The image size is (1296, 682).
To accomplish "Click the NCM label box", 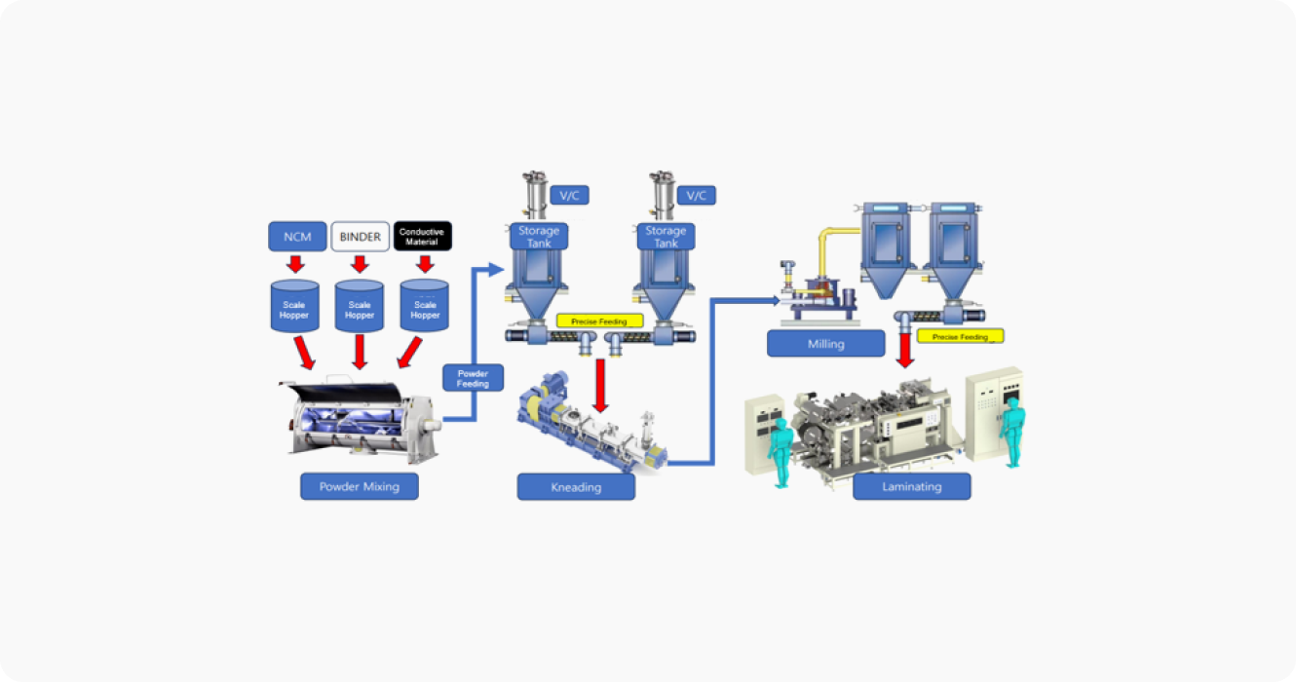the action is click(297, 237).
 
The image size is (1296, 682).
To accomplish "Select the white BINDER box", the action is click(360, 237).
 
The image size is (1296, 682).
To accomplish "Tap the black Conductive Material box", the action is click(422, 236).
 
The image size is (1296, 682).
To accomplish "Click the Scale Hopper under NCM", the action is click(294, 306).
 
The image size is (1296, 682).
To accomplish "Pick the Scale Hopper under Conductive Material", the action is click(425, 306).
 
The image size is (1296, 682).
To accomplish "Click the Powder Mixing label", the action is click(360, 486).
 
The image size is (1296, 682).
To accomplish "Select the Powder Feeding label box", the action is click(473, 378).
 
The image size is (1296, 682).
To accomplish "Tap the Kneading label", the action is click(576, 487).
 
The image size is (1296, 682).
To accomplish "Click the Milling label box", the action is click(825, 344).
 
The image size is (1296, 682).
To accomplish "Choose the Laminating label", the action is click(912, 486).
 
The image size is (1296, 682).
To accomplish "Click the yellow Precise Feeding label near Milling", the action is click(960, 336).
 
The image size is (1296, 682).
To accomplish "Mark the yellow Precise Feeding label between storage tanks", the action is click(599, 322).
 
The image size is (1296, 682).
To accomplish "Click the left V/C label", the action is click(569, 195).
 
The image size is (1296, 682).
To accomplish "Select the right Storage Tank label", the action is click(666, 237).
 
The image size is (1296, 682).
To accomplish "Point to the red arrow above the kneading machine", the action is click(600, 386).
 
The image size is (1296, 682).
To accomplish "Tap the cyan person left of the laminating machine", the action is click(780, 452).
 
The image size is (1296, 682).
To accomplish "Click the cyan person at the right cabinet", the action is click(1012, 431).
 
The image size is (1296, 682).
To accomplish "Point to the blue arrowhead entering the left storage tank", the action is click(496, 269).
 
